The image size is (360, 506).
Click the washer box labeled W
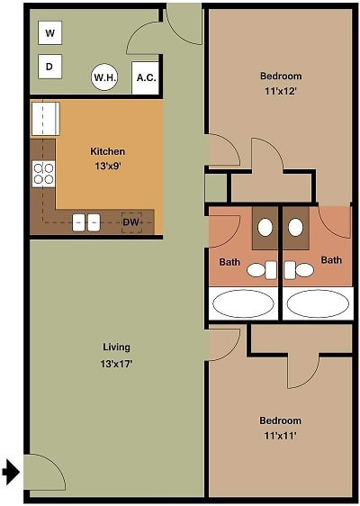click(50, 32)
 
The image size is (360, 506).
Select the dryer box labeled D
click(50, 67)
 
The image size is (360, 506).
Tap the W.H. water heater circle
click(104, 77)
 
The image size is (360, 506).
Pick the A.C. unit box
click(146, 77)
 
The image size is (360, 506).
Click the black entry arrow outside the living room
click(11, 472)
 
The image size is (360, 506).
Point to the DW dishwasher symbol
click(131, 222)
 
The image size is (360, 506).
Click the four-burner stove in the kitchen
click(43, 174)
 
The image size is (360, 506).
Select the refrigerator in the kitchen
click(46, 119)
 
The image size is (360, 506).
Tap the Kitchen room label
click(107, 151)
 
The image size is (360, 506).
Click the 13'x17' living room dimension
click(116, 364)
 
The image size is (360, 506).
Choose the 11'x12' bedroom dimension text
click(281, 91)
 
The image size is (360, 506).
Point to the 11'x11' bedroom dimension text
click(280, 436)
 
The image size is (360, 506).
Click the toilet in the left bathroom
click(262, 270)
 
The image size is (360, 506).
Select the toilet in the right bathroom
click(299, 270)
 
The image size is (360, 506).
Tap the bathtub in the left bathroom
click(244, 303)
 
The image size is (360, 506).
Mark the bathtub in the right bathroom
click(318, 303)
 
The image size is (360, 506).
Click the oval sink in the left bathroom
click(265, 228)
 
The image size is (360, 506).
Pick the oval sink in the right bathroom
click(295, 228)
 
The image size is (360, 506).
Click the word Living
click(116, 348)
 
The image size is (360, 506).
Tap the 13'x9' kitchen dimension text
click(108, 167)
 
